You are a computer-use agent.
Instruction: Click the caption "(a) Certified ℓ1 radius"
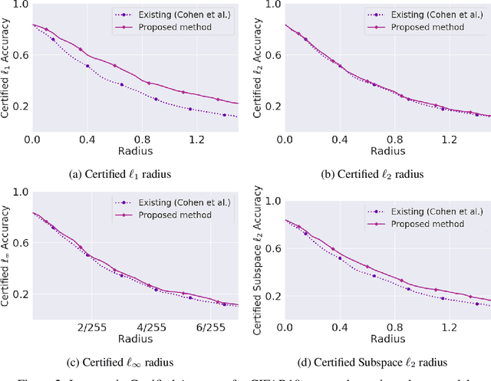coord(120,173)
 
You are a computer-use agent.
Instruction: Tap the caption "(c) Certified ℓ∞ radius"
coord(120,362)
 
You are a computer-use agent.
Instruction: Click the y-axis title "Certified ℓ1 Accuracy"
coord(7,68)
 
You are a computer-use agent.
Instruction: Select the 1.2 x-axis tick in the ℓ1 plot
coord(197,140)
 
